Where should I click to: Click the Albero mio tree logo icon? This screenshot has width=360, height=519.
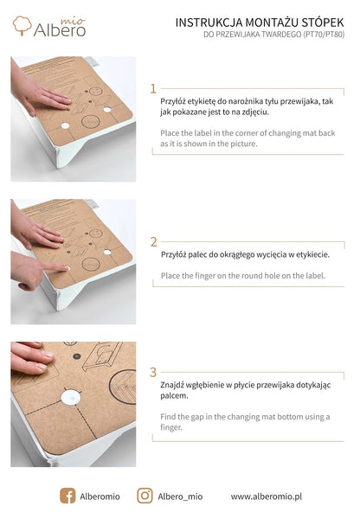pyautogui.click(x=22, y=25)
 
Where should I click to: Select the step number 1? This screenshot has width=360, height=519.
pyautogui.click(x=153, y=88)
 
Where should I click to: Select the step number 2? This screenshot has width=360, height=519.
pyautogui.click(x=153, y=242)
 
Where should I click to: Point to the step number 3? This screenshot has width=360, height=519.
pyautogui.click(x=153, y=372)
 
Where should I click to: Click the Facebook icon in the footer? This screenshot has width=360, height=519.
pyautogui.click(x=67, y=496)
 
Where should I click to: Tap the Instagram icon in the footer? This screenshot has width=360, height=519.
pyautogui.click(x=145, y=496)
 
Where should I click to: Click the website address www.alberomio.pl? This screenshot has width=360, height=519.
pyautogui.click(x=266, y=497)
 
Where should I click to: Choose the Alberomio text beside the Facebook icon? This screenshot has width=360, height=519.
pyautogui.click(x=100, y=497)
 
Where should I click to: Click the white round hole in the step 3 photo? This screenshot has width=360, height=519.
pyautogui.click(x=69, y=398)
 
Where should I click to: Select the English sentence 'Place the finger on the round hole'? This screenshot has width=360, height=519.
pyautogui.click(x=242, y=275)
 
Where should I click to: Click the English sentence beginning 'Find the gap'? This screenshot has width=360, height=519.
pyautogui.click(x=244, y=421)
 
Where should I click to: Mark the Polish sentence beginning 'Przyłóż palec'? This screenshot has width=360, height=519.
pyautogui.click(x=244, y=255)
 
